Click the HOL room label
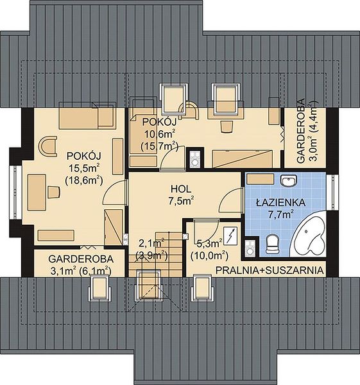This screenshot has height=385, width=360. [x=181, y=189]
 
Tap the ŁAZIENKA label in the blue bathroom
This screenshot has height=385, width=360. [x=280, y=203]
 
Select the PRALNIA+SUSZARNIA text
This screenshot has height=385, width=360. [x=270, y=270]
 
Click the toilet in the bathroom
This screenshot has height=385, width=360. [x=273, y=244]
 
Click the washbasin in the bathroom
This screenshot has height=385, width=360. [x=289, y=180]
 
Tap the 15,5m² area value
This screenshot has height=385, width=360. [x=83, y=169]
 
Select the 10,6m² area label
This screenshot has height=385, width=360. [x=160, y=134]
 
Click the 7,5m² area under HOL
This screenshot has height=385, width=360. [x=181, y=201]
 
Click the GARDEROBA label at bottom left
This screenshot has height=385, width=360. [x=81, y=259]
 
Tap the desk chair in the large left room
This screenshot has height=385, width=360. [x=53, y=192]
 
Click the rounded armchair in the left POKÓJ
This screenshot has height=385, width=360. [x=47, y=146]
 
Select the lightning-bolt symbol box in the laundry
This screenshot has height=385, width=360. [x=230, y=236]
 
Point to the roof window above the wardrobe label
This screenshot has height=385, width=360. [x=99, y=287]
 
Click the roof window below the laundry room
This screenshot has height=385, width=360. [x=202, y=287]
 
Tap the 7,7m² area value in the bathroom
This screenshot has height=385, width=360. [x=280, y=214]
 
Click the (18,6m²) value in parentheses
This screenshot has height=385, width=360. [x=83, y=181]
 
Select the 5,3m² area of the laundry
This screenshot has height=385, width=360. [x=209, y=244]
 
